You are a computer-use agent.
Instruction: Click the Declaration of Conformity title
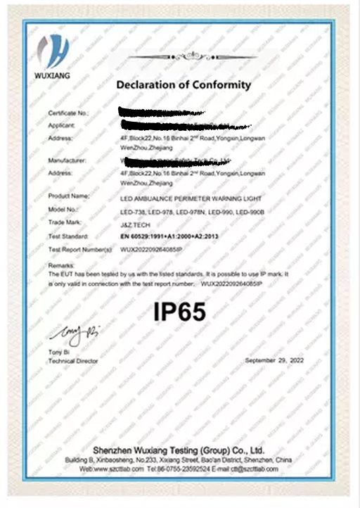pos(183,85)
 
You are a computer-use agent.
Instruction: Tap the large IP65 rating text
pos(179,312)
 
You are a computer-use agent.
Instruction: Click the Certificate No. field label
pos(68,113)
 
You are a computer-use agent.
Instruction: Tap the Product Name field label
pos(68,196)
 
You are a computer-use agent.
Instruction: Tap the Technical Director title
pos(72,361)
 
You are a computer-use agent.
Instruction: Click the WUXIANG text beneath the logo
pos(53,72)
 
